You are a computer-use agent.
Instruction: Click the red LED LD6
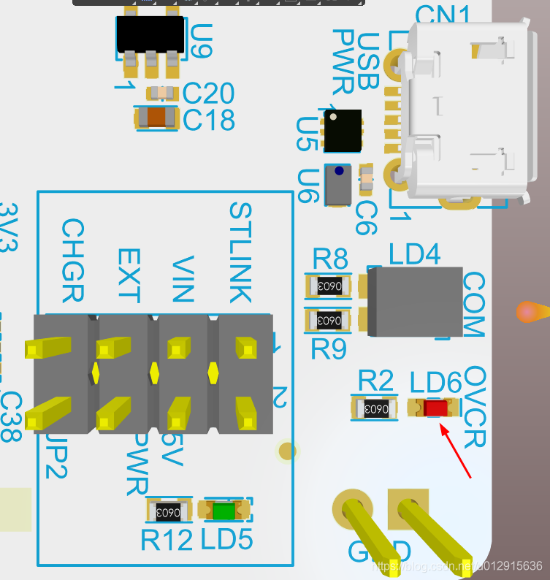pos(436,408)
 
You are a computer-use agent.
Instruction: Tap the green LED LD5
pos(225,511)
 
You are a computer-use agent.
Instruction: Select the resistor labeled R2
pos(375,408)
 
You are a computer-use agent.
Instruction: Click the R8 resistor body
pos(328,286)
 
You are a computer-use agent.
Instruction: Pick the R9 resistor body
pos(328,319)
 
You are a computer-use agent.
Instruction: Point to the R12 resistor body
pos(169,511)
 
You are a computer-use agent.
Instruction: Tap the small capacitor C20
pos(161,93)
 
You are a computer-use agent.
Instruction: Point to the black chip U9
pos(150,35)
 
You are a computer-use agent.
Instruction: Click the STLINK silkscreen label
pos(240,253)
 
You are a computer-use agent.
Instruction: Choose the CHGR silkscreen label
pos(72,261)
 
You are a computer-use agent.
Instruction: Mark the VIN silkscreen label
pos(183,279)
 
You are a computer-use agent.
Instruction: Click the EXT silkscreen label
pos(128,275)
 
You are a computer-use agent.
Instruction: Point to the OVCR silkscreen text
pos(475,407)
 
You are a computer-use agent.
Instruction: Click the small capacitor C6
pos(366,177)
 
